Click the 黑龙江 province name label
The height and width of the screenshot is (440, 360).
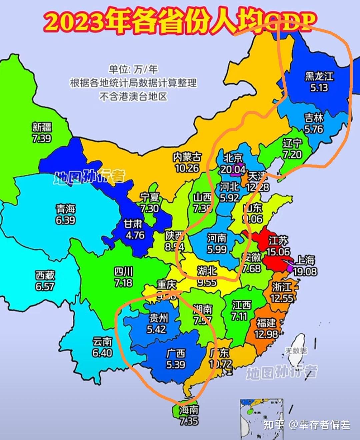tap(319, 76)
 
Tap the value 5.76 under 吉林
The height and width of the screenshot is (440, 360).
tap(314, 129)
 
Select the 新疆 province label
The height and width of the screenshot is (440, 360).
tap(42, 127)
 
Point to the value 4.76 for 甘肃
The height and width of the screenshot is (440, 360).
tap(135, 235)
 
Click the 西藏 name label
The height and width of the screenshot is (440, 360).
tap(45, 275)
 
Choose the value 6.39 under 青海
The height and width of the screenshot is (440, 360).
tap(65, 220)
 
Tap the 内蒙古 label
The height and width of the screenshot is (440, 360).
tap(187, 157)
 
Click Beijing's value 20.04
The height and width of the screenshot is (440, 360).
tap(233, 169)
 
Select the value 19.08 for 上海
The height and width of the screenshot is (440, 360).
tap(305, 271)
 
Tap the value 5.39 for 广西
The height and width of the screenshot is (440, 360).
tap(176, 364)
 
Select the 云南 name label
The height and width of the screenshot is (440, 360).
tap(102, 342)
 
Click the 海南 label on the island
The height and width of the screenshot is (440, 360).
tap(189, 410)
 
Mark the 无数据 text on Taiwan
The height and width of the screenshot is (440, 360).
tap(296, 351)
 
